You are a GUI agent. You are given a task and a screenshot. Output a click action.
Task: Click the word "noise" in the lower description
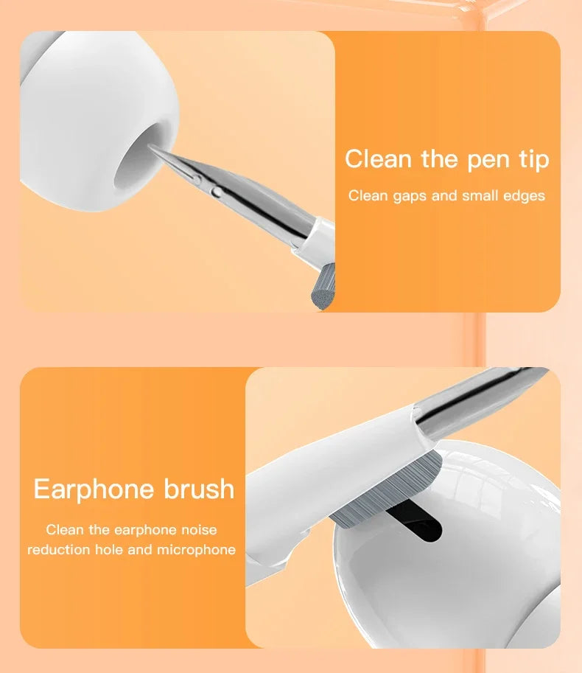click(x=198, y=529)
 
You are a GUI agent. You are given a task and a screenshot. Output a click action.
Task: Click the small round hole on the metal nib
click(x=216, y=192)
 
